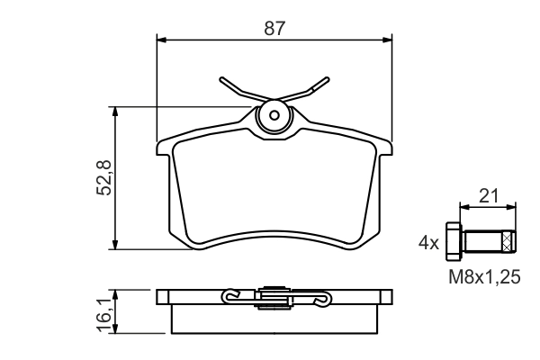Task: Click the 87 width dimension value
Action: (274, 28)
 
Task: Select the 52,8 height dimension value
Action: (103, 178)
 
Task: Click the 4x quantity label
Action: (427, 242)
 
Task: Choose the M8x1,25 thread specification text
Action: (484, 278)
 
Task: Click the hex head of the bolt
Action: (454, 241)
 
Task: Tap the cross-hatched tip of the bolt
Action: (509, 241)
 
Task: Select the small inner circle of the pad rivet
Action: (274, 116)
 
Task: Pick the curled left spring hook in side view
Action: (230, 295)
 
